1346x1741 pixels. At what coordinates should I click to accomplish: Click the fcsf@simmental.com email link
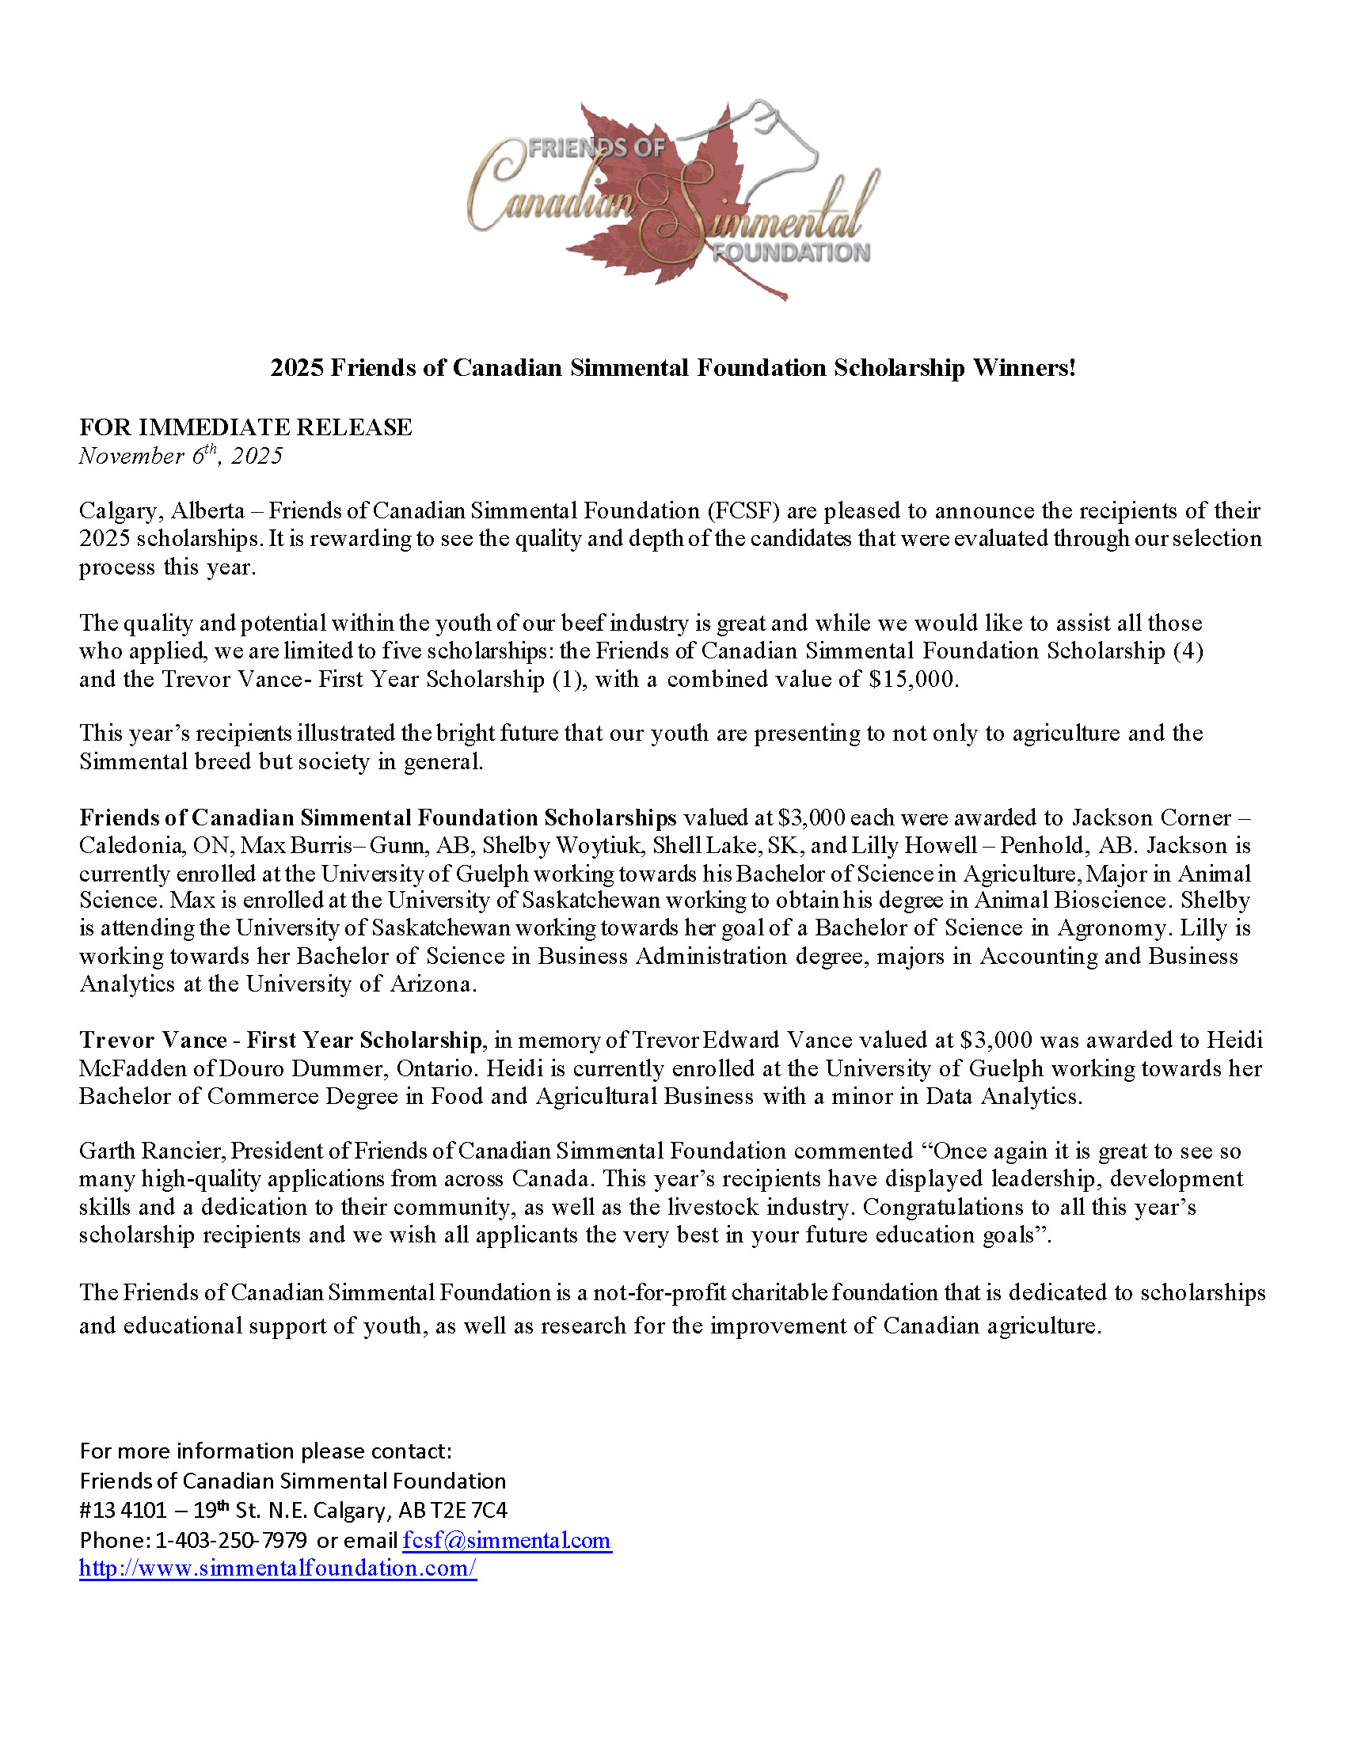[x=507, y=1540]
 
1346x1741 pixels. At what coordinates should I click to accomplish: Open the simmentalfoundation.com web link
[x=277, y=1568]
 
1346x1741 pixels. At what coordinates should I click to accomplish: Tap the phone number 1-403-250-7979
[x=231, y=1540]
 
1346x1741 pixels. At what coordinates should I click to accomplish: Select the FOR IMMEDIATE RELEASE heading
[x=245, y=427]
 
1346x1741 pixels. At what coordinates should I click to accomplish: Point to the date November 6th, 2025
[x=181, y=456]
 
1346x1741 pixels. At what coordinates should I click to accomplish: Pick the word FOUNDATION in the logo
[x=791, y=252]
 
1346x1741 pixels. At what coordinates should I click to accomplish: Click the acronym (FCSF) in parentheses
[x=743, y=511]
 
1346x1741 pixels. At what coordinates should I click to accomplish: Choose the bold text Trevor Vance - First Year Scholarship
[x=281, y=1041]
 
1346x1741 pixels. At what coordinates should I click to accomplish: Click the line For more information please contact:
[x=265, y=1451]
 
